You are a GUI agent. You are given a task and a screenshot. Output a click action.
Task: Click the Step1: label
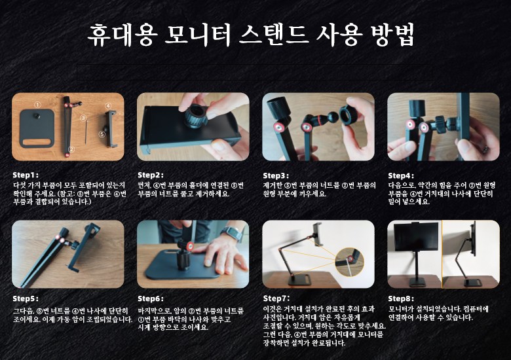[26, 175]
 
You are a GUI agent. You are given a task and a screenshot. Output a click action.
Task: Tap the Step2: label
[151, 175]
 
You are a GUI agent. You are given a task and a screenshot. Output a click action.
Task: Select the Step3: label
[276, 176]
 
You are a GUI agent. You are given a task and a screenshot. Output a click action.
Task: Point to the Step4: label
[401, 176]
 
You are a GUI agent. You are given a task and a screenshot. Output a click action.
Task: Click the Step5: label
[26, 298]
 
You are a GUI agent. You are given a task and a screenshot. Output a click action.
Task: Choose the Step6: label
[151, 298]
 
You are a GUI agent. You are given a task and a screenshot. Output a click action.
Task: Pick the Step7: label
[276, 298]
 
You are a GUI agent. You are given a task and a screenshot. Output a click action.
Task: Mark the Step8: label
[401, 298]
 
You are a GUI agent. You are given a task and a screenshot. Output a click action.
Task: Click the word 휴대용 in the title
[123, 35]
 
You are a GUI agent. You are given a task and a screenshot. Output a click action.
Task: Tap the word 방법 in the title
[393, 35]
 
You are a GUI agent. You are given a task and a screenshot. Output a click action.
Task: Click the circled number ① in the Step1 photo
[37, 105]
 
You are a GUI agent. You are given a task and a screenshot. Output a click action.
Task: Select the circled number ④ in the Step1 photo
[108, 106]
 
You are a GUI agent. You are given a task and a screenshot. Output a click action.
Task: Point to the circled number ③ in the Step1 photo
[83, 118]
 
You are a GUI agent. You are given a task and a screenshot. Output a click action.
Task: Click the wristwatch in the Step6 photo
[231, 233]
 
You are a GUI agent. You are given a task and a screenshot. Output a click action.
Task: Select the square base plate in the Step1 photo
[37, 128]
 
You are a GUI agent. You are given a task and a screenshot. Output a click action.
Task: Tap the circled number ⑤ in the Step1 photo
[102, 134]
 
